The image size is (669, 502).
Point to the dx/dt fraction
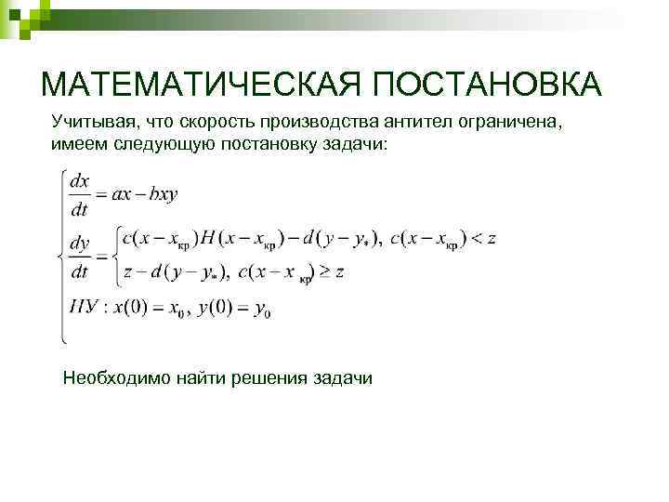80,194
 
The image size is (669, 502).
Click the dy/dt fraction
80,256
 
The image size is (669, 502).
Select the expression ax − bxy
144,195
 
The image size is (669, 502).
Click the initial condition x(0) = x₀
148,307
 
